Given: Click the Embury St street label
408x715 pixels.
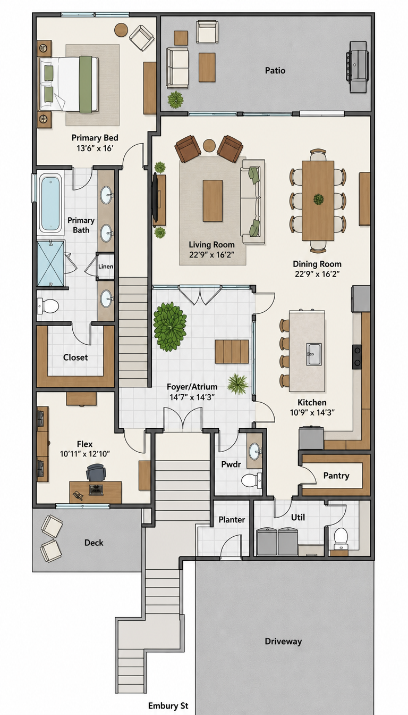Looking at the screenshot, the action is (168, 705).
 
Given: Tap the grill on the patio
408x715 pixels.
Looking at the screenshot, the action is (358, 66).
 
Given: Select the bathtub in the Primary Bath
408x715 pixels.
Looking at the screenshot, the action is (50, 202).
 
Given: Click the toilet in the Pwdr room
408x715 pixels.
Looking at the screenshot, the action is (251, 480).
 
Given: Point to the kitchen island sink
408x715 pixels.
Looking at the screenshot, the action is (314, 354).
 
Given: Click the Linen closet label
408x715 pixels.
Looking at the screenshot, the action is (106, 266).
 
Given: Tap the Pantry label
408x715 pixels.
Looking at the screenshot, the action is (336, 476).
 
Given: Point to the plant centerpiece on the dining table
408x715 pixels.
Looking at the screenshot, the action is (318, 199).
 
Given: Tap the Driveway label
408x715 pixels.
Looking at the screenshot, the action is (283, 641).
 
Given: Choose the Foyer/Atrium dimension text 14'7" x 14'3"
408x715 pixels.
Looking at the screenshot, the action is (192, 397).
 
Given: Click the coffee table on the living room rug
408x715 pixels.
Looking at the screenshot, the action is (212, 201).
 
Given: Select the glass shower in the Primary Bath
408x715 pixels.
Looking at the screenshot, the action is (50, 264).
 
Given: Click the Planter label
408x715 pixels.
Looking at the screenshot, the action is (232, 520).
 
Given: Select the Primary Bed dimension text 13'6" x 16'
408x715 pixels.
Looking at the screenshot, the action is (95, 148).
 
